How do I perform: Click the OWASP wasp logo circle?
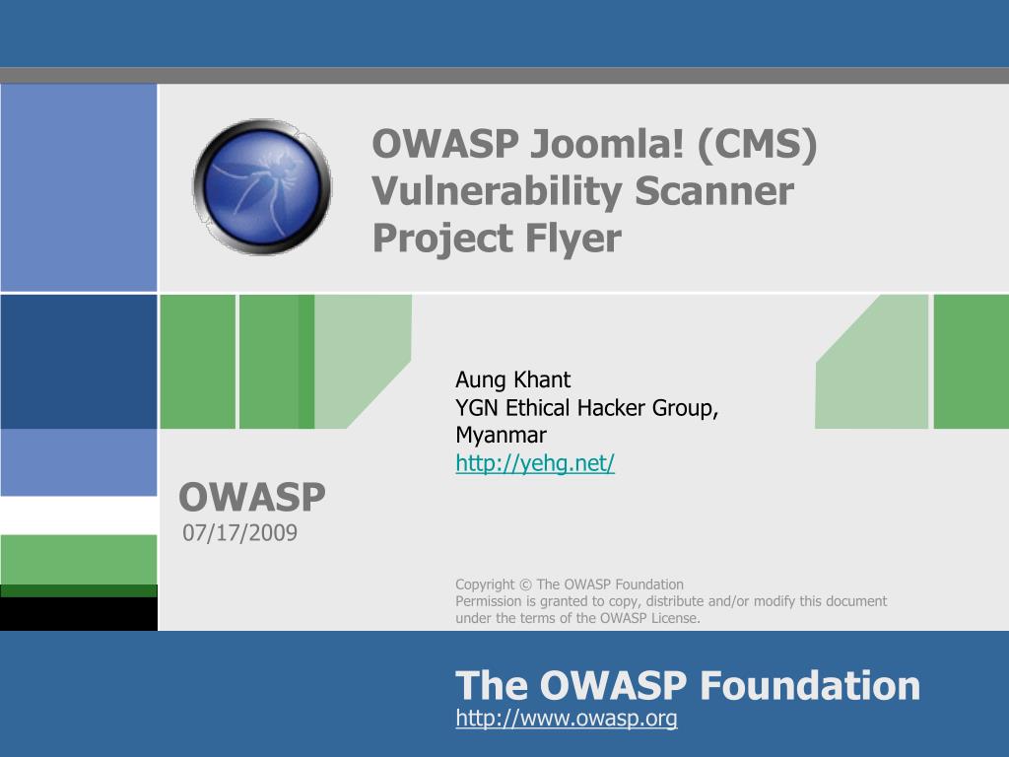(262, 186)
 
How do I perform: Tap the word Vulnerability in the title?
(497, 192)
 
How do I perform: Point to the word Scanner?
(714, 192)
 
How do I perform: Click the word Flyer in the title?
(573, 240)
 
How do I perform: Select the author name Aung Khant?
(512, 379)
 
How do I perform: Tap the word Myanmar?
(501, 435)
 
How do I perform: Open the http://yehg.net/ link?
(535, 463)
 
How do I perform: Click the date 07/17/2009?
(240, 533)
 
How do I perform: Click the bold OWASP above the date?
(252, 497)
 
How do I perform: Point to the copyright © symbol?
(525, 585)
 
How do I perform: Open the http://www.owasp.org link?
(567, 718)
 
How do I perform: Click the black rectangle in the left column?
(79, 613)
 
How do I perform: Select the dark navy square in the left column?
(79, 361)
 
